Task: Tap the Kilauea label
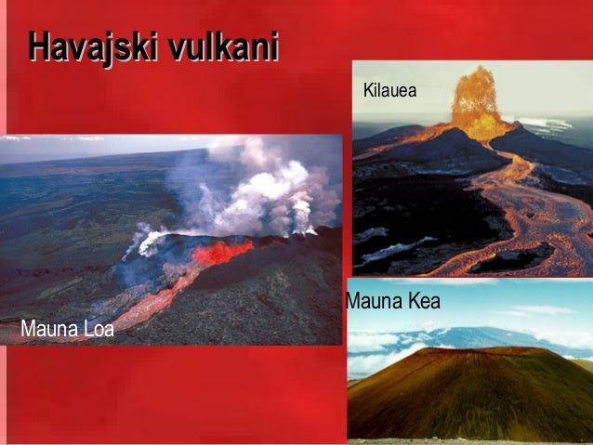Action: pos(389,91)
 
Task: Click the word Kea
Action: pos(422,302)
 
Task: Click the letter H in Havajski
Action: pos(36,46)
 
